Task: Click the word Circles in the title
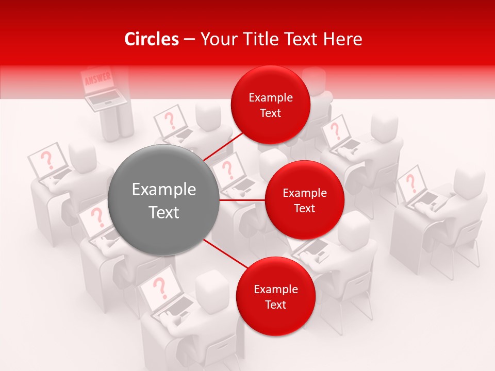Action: point(151,39)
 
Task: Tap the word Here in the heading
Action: point(342,39)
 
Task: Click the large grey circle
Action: point(163,200)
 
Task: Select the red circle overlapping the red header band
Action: point(270,105)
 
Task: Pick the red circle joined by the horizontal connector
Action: point(304,200)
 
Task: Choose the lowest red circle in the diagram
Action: point(275,296)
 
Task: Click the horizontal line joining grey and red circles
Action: point(242,200)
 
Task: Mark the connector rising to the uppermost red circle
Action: point(224,146)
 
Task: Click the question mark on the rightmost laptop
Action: point(411,183)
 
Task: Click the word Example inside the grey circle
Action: point(163,190)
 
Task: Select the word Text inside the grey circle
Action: point(163,212)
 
